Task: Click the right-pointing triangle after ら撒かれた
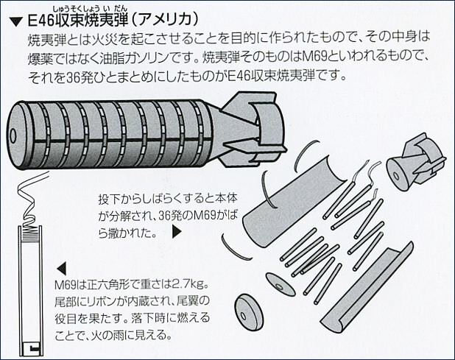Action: (176, 231)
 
